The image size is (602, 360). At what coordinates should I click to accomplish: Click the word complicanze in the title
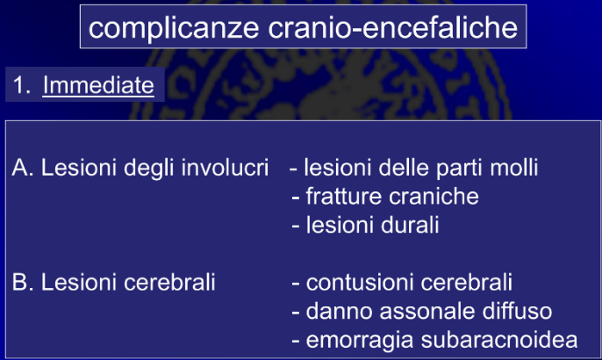pos(174,29)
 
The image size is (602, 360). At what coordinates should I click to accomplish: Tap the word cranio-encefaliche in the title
pos(393,27)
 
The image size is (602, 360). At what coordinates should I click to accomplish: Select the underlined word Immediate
pos(98,85)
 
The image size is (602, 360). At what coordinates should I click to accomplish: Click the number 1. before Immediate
pos(21,85)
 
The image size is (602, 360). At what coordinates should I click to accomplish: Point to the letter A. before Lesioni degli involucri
pos(23,168)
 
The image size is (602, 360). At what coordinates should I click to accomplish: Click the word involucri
pos(225,168)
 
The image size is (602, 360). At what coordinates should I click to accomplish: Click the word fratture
pos(344,197)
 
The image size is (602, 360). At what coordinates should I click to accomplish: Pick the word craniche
pos(434,197)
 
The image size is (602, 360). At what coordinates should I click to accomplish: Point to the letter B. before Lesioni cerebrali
pos(23,282)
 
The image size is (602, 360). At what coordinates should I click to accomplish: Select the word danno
pos(339,311)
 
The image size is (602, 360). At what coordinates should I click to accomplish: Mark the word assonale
pos(427,311)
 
